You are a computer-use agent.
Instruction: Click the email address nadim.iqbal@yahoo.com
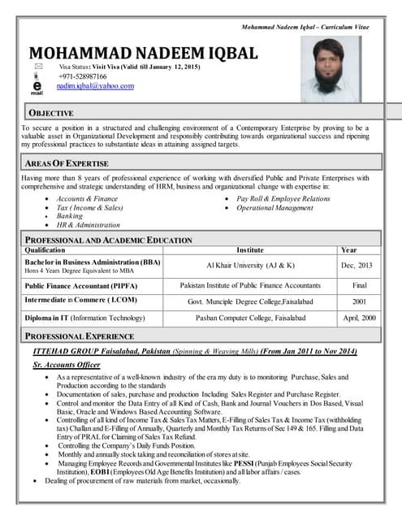pyautogui.click(x=94, y=86)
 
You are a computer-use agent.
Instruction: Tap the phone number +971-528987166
pyautogui.click(x=84, y=76)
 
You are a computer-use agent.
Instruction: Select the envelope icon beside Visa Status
pyautogui.click(x=37, y=65)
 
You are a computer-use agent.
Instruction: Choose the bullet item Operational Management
pyautogui.click(x=274, y=208)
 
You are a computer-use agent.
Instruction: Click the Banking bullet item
pyautogui.click(x=70, y=216)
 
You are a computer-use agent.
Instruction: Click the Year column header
pyautogui.click(x=348, y=250)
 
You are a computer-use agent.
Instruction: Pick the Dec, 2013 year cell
pyautogui.click(x=357, y=266)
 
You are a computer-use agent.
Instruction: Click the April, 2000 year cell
pyautogui.click(x=357, y=318)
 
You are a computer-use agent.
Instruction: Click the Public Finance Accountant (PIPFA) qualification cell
pyautogui.click(x=81, y=286)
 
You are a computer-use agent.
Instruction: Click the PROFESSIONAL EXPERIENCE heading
pyautogui.click(x=80, y=336)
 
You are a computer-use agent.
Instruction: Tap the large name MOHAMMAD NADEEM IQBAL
pyautogui.click(x=143, y=54)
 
